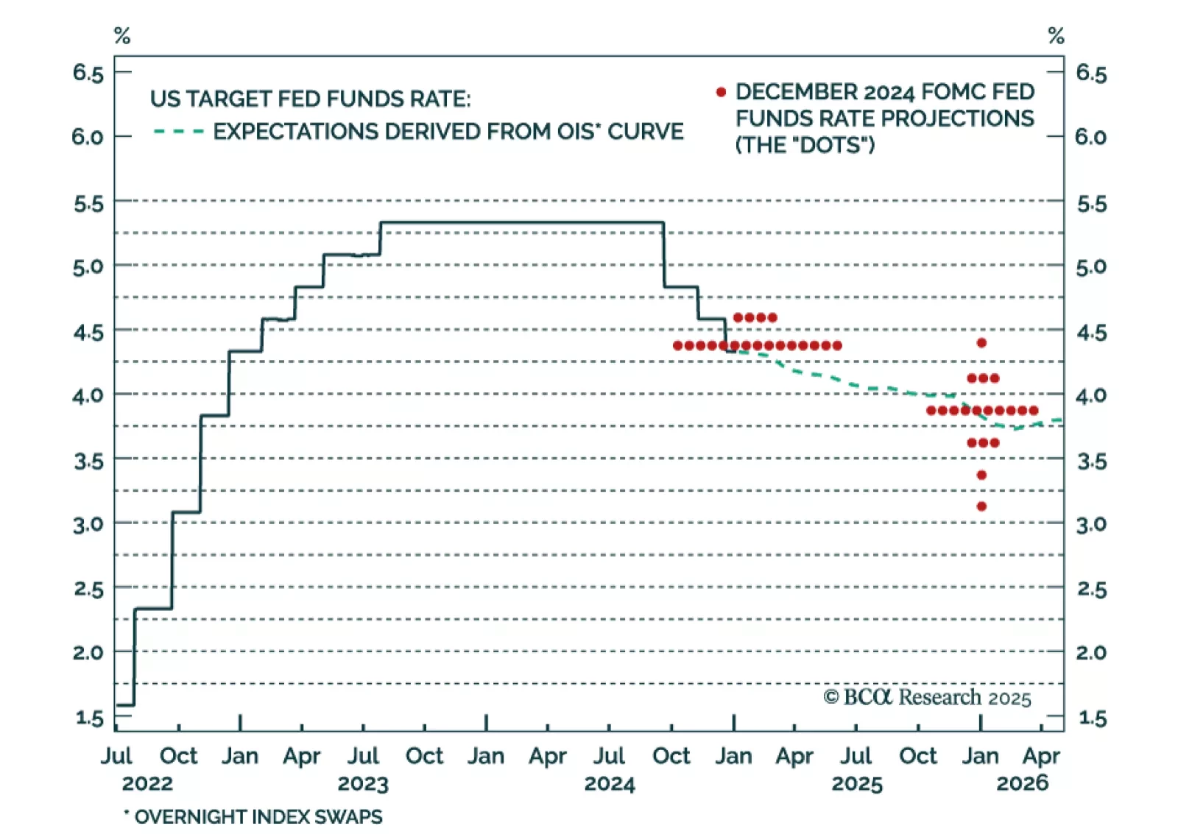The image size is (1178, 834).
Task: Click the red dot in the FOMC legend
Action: pyautogui.click(x=721, y=92)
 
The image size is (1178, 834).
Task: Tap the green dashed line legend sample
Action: pyautogui.click(x=178, y=132)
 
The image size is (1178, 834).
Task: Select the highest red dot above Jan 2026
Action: pyautogui.click(x=981, y=343)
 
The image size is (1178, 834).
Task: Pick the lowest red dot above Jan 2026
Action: pyautogui.click(x=981, y=506)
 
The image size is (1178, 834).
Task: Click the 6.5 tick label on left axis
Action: pyautogui.click(x=88, y=73)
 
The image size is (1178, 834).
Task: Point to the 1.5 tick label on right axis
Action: pyautogui.click(x=1092, y=718)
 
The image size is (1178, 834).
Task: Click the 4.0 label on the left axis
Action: pyautogui.click(x=88, y=396)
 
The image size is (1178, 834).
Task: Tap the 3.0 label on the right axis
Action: pyautogui.click(x=1091, y=525)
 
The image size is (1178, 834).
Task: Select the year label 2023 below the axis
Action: pyautogui.click(x=363, y=784)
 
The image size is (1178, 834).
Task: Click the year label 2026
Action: pyautogui.click(x=1022, y=783)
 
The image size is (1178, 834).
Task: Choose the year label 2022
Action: pyautogui.click(x=147, y=783)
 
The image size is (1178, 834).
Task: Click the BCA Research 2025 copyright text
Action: pyautogui.click(x=927, y=697)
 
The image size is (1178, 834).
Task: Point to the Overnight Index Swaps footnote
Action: pyautogui.click(x=253, y=816)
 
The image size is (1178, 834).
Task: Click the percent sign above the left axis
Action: pyautogui.click(x=122, y=35)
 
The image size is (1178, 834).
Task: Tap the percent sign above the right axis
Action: pyautogui.click(x=1056, y=35)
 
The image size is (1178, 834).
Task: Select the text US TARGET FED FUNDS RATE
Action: pyautogui.click(x=310, y=99)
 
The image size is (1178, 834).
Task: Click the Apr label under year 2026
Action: pyautogui.click(x=1041, y=756)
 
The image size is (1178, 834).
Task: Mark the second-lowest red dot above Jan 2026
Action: pyautogui.click(x=981, y=476)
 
